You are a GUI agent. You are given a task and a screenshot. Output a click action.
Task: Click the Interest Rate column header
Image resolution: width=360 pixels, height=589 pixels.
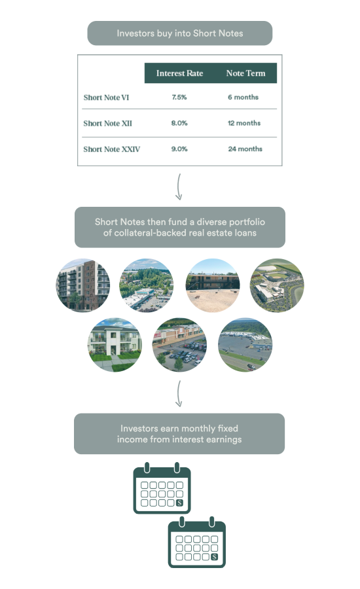[x=179, y=73]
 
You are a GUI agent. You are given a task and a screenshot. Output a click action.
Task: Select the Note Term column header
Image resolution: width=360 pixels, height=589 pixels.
[x=245, y=73]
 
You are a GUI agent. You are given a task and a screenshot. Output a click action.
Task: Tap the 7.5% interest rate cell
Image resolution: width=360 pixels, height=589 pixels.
[x=179, y=98]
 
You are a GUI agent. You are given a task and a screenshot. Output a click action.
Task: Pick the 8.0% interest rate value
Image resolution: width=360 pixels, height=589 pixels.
[x=179, y=123]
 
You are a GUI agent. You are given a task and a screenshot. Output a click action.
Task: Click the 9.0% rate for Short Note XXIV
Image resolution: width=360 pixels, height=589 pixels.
[x=179, y=149]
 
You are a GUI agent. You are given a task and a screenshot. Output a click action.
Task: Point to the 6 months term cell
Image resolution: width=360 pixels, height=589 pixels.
[x=243, y=98]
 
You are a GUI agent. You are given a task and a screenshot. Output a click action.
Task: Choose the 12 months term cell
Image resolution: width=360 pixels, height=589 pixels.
[x=244, y=123]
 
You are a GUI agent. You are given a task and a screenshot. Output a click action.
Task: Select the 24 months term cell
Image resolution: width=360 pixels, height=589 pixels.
[x=245, y=149]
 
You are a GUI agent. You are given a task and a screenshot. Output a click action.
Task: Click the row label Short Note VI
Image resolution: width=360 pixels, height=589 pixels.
[x=106, y=98]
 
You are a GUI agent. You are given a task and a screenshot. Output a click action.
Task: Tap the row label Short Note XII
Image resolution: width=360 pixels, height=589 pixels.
[x=108, y=124]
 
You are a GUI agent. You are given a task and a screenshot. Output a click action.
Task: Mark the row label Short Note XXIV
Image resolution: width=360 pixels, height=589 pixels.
[x=112, y=149]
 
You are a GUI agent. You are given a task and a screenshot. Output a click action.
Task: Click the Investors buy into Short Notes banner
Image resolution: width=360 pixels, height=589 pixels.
[x=179, y=33]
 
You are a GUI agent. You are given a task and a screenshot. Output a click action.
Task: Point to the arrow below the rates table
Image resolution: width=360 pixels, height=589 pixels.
[x=179, y=187]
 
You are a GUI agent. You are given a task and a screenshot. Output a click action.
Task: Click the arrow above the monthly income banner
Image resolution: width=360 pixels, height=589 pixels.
[x=179, y=393]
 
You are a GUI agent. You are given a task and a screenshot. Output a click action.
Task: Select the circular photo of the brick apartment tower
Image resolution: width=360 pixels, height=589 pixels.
[x=83, y=285]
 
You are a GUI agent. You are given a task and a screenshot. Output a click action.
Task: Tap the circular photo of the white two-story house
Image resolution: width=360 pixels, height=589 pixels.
[x=115, y=345]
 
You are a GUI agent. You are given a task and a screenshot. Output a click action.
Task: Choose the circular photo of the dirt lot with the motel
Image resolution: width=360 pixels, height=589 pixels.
[x=213, y=285]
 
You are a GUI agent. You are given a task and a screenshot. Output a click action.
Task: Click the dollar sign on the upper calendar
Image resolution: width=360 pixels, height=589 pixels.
[x=179, y=503]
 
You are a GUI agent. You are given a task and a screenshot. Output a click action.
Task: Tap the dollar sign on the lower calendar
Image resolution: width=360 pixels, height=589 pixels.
[x=214, y=557]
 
